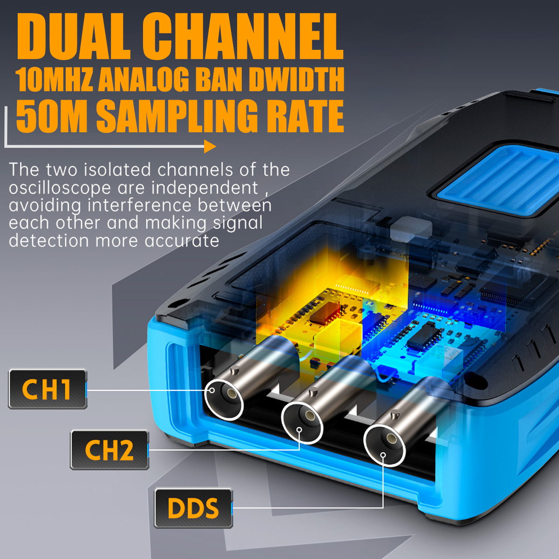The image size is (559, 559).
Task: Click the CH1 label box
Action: pos(48,389)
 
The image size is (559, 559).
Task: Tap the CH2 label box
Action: pos(109,450)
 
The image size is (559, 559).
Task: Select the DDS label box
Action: pos(193,508)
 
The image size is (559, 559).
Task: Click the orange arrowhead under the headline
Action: pos(210,147)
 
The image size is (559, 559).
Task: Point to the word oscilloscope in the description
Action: pos(60,188)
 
